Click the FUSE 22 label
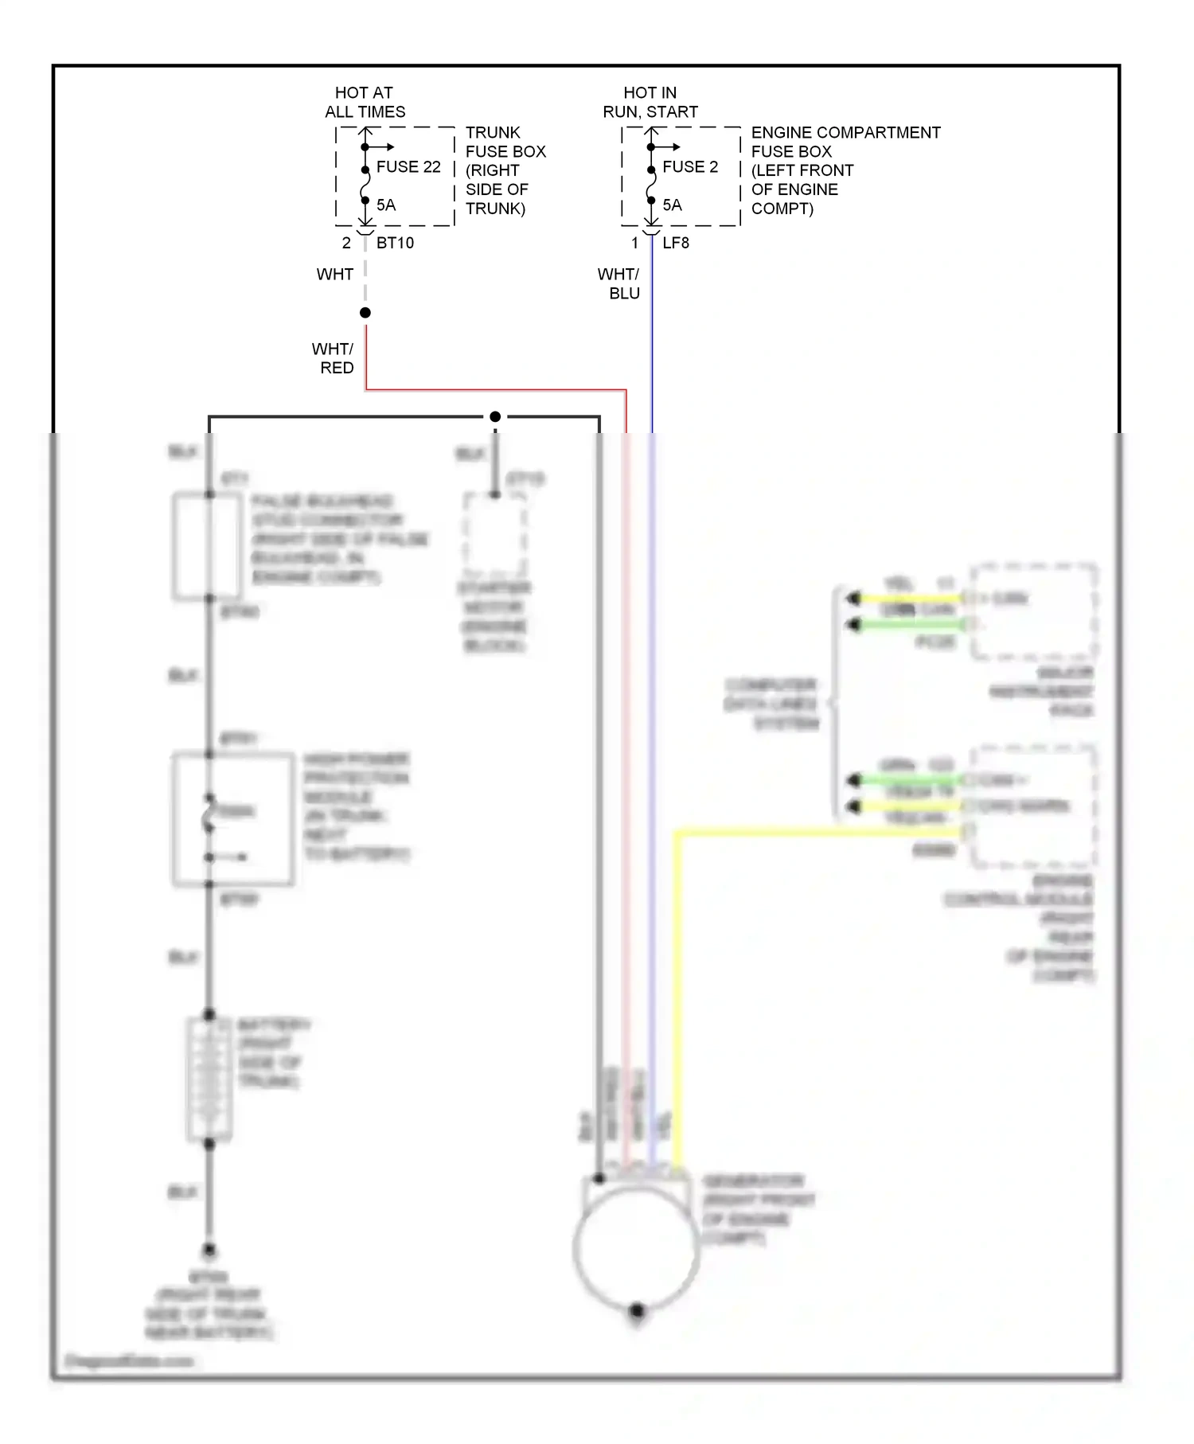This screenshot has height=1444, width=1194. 408,167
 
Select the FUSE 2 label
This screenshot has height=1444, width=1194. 690,167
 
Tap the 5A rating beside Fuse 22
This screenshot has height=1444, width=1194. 386,205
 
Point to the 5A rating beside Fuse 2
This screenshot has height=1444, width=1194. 673,205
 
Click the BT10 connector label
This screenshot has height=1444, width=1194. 395,243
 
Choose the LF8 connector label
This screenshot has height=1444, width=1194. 676,243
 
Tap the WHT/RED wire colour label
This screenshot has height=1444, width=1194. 334,358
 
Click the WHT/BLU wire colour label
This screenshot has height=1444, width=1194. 619,283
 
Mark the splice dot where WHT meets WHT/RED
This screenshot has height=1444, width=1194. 365,313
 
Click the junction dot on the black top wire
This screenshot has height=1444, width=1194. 495,416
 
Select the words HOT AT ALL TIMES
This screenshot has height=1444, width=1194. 365,102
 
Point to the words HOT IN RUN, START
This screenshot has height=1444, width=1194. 650,102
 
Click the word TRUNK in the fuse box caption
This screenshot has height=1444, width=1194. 493,132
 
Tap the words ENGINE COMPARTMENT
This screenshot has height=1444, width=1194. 845,132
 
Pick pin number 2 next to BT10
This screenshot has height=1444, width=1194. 346,243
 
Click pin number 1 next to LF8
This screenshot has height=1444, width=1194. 634,243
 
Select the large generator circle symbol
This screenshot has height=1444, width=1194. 636,1249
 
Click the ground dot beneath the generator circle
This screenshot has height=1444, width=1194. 636,1309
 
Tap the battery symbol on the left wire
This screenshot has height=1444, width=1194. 209,1079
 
